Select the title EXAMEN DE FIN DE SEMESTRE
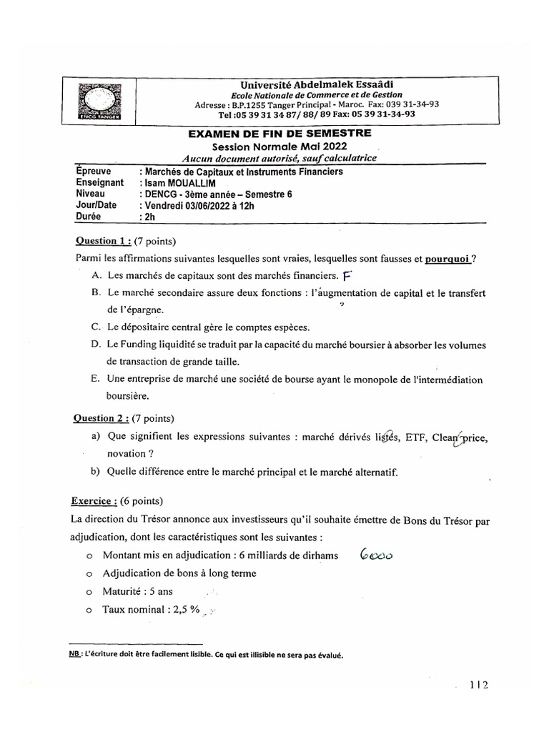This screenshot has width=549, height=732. click(279, 133)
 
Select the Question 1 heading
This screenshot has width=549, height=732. click(102, 241)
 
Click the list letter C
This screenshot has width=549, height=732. click(96, 327)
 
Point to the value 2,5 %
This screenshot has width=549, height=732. click(182, 610)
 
